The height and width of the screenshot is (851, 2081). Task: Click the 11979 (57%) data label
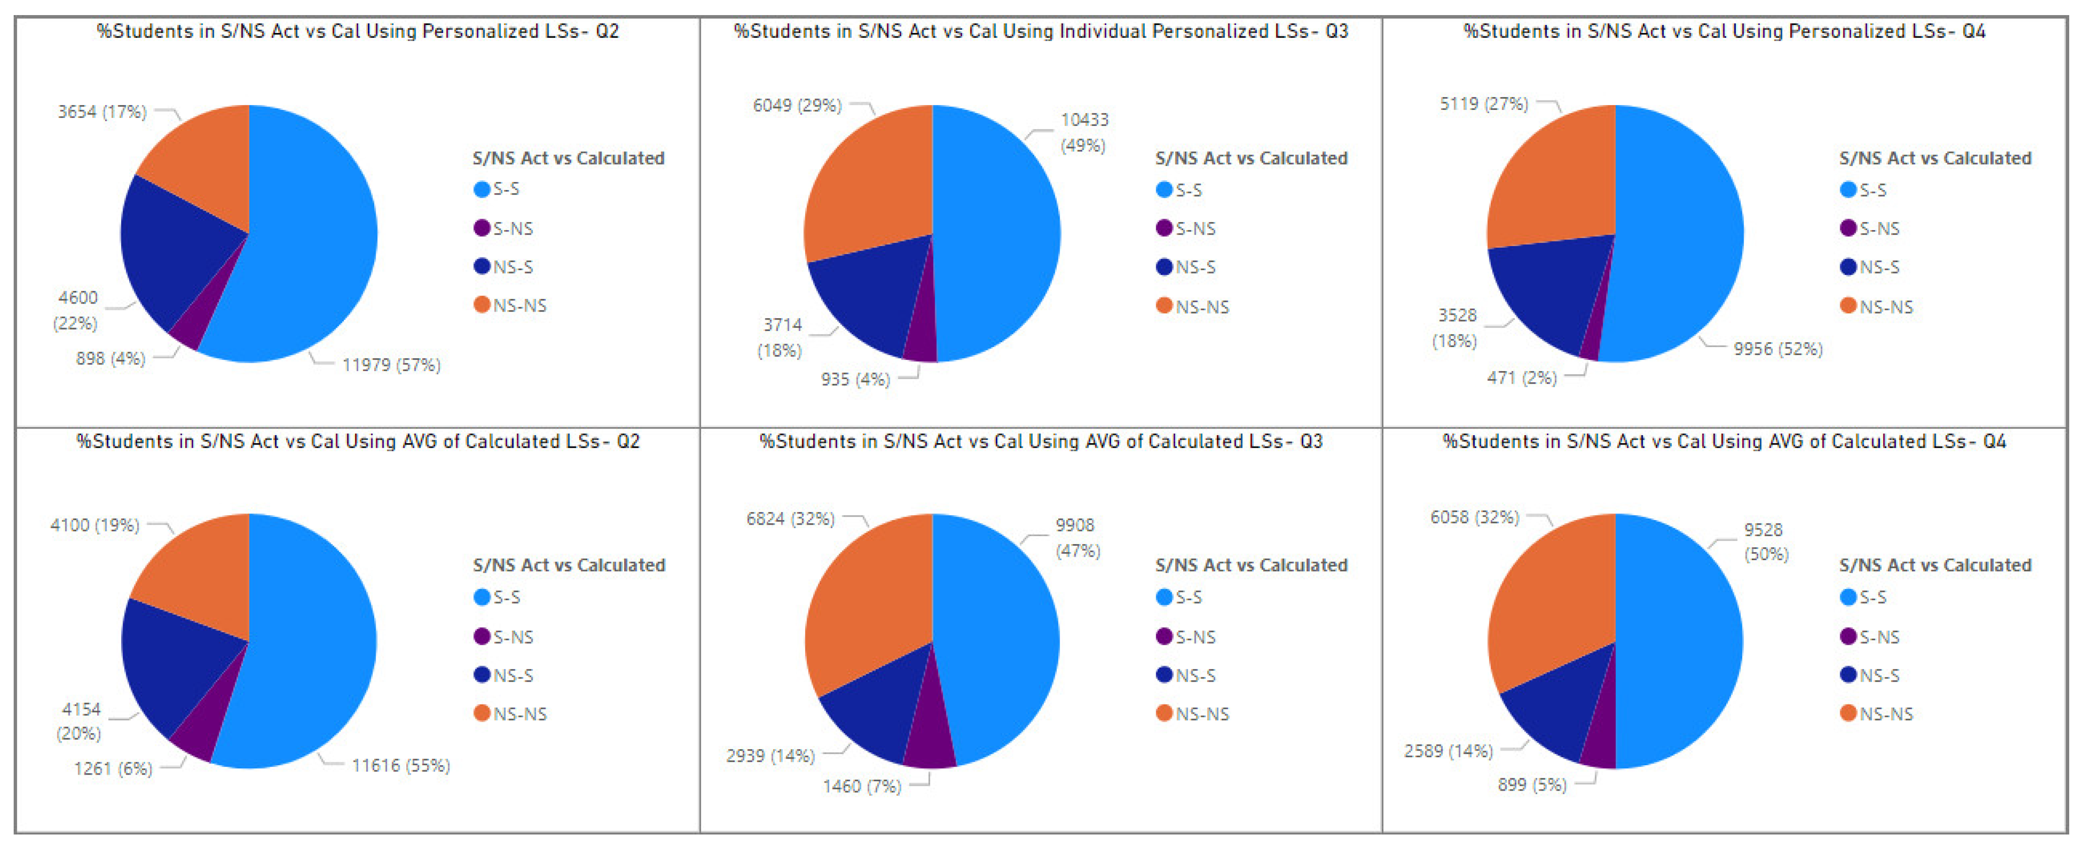pos(391,365)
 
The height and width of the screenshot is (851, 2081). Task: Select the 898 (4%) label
pos(111,359)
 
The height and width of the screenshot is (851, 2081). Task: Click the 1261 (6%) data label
pos(113,768)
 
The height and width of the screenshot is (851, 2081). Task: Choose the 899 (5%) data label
pos(1532,785)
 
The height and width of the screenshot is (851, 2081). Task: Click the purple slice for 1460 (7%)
pos(929,735)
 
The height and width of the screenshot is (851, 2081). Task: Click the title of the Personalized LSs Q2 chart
pos(358,32)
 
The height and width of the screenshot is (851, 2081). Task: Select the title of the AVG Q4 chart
pos(1724,441)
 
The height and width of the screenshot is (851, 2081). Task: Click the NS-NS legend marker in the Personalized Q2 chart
pos(481,305)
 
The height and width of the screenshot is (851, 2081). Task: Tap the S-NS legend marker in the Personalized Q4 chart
pos(1848,228)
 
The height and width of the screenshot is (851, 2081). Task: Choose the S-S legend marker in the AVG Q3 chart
pos(1164,597)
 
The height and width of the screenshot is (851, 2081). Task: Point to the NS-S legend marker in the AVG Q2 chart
pos(481,675)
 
